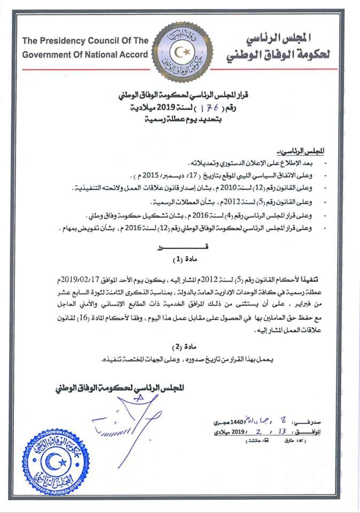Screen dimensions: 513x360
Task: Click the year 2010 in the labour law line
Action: (x=214, y=188)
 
